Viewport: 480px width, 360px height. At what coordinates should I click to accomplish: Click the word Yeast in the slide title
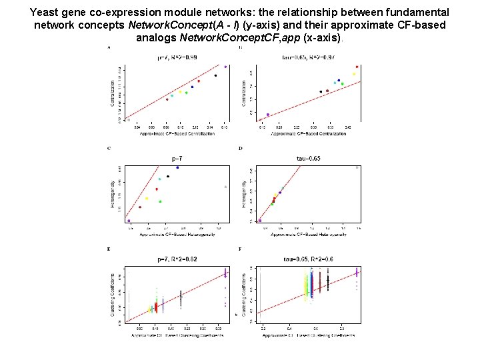[45, 13]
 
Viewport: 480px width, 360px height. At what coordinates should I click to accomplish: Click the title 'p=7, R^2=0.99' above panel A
[177, 58]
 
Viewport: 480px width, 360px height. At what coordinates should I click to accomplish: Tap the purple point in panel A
[225, 67]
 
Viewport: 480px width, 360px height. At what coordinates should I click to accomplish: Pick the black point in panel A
[215, 75]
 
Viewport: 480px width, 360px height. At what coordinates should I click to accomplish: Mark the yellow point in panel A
[180, 92]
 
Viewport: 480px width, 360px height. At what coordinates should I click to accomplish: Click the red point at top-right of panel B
[357, 67]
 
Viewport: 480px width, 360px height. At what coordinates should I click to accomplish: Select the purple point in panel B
[268, 115]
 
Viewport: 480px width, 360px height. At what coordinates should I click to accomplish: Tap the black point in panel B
[321, 91]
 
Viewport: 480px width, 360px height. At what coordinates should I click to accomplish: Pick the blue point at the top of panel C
[177, 168]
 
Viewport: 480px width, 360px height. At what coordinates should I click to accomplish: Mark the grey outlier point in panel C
[225, 187]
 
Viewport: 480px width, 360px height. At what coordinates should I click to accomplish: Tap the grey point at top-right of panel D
[357, 168]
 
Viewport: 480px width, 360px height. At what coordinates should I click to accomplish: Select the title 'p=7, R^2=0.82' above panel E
[177, 258]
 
